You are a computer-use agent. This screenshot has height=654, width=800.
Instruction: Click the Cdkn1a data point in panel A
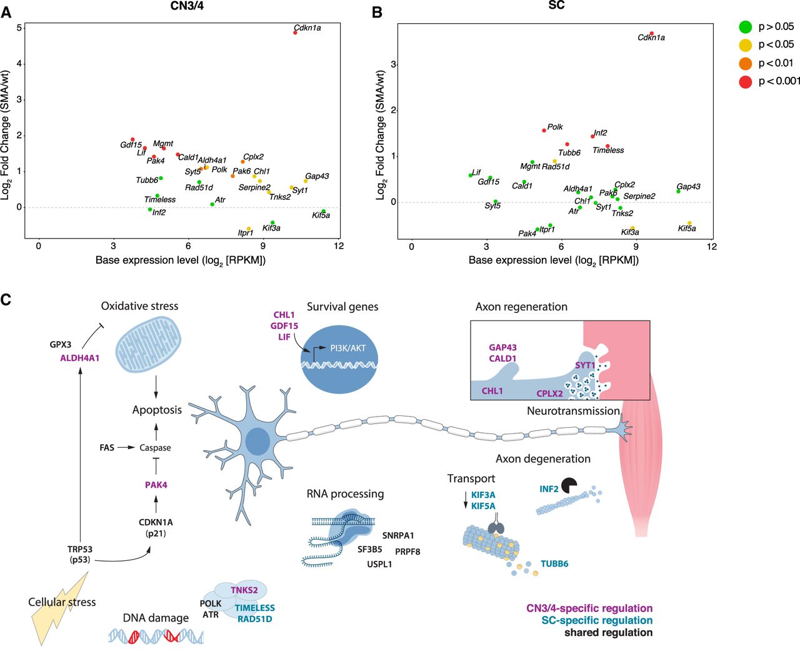tap(296, 32)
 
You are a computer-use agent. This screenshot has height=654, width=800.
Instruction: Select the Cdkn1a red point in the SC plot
tap(651, 34)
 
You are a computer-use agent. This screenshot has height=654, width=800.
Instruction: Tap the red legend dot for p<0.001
tap(745, 81)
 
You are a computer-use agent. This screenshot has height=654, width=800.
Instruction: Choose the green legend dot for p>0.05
tap(745, 27)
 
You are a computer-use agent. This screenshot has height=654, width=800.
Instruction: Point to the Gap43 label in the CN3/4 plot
tap(317, 176)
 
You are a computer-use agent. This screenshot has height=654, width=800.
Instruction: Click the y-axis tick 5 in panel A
tap(20, 28)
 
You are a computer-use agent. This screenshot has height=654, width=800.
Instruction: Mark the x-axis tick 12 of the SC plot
tap(712, 247)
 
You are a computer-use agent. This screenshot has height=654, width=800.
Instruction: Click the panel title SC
tap(556, 6)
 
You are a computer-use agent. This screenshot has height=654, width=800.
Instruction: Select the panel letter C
tap(6, 300)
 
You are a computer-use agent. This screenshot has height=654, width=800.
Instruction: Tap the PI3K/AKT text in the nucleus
tap(348, 348)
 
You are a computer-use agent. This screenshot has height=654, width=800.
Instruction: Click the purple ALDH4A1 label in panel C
tap(80, 358)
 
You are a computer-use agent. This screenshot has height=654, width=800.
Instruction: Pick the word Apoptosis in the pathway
tap(157, 410)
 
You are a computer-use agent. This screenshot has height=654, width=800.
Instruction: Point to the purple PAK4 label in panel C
tap(156, 485)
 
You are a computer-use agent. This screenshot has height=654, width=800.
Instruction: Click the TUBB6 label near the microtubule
tap(554, 563)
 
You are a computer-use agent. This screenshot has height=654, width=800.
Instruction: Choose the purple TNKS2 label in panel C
tap(244, 590)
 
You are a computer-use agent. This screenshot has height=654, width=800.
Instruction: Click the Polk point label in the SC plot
tap(555, 127)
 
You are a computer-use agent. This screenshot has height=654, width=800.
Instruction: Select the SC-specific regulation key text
tap(597, 620)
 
